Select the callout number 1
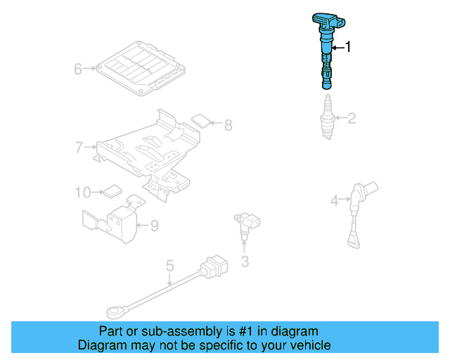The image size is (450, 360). (347, 48)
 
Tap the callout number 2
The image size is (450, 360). (351, 118)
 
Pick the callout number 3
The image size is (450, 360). (245, 263)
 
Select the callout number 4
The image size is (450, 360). (335, 201)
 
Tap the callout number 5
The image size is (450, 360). (169, 266)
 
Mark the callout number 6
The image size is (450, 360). (78, 69)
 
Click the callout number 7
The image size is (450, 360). (79, 147)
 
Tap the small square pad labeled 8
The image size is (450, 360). (201, 120)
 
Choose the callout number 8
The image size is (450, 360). (228, 126)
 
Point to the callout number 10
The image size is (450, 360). (83, 191)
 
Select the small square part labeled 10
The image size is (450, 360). (112, 190)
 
